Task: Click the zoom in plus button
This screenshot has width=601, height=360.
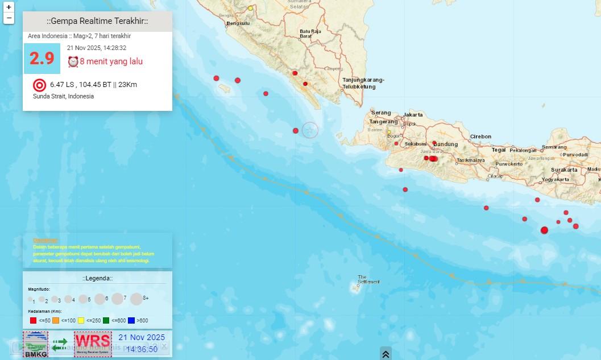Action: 9,7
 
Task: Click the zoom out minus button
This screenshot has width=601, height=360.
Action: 9,18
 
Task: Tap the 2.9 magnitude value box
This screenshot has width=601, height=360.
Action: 42,59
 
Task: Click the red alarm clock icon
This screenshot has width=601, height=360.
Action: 73,61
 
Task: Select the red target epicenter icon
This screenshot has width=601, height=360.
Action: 39,85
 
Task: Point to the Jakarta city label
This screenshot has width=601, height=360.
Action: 413,114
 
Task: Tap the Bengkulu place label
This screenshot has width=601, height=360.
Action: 238,23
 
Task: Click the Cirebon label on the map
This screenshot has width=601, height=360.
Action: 480,136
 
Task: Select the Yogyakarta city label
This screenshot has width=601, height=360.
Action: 556,179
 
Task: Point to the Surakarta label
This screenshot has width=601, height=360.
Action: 564,170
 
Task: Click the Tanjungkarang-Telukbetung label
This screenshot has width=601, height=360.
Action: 363,84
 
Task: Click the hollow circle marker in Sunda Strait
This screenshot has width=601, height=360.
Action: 309,130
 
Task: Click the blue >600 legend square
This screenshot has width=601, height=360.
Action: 131,321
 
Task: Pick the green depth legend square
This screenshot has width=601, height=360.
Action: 106,321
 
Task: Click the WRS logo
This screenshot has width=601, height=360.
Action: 92,344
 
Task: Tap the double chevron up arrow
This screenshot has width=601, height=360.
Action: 386,354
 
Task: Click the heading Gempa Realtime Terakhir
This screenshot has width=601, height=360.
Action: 97,22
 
